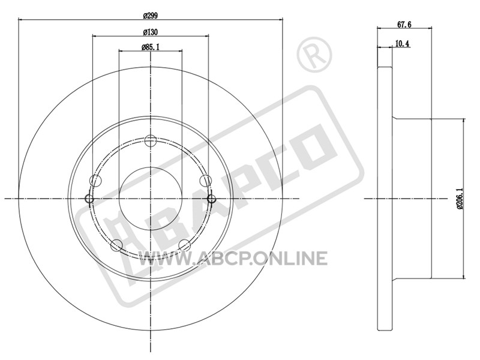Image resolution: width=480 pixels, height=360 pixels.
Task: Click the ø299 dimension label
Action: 151,16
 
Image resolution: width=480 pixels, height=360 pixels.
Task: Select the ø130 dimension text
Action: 151,32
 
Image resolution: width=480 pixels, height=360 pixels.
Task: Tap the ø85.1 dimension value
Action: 151,47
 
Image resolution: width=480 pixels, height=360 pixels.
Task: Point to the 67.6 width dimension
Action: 404,25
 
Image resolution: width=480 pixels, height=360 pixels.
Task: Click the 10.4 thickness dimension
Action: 402,43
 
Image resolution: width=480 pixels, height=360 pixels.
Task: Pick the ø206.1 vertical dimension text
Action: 460,199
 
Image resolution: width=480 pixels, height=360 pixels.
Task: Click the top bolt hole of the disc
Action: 151,141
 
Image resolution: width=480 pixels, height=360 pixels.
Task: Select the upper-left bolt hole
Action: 96,181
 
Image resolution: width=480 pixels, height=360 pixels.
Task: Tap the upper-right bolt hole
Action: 205,181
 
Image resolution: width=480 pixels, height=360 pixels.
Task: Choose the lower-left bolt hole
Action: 116,245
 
